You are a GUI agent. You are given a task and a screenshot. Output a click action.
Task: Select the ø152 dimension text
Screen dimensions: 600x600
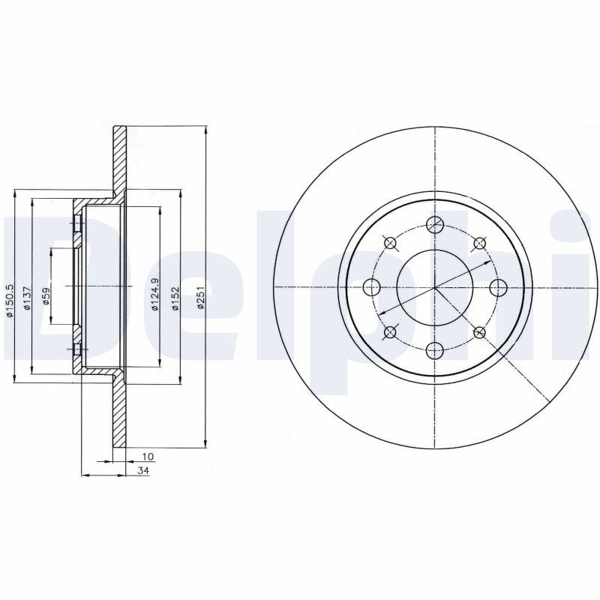(175, 298)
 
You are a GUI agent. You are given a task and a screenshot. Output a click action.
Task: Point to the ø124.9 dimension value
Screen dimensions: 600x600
(154, 294)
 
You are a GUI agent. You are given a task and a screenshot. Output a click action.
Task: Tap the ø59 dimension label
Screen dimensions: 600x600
(46, 295)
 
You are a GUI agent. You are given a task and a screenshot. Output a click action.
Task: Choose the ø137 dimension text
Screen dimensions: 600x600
(26, 297)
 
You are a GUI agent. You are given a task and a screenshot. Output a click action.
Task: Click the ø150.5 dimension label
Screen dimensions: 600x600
(10, 301)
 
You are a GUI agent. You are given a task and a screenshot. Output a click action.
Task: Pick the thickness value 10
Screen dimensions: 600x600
(148, 457)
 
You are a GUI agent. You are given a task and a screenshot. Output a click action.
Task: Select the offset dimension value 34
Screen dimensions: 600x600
(143, 471)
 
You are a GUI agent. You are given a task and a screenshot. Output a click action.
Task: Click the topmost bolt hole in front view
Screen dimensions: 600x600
(435, 224)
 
